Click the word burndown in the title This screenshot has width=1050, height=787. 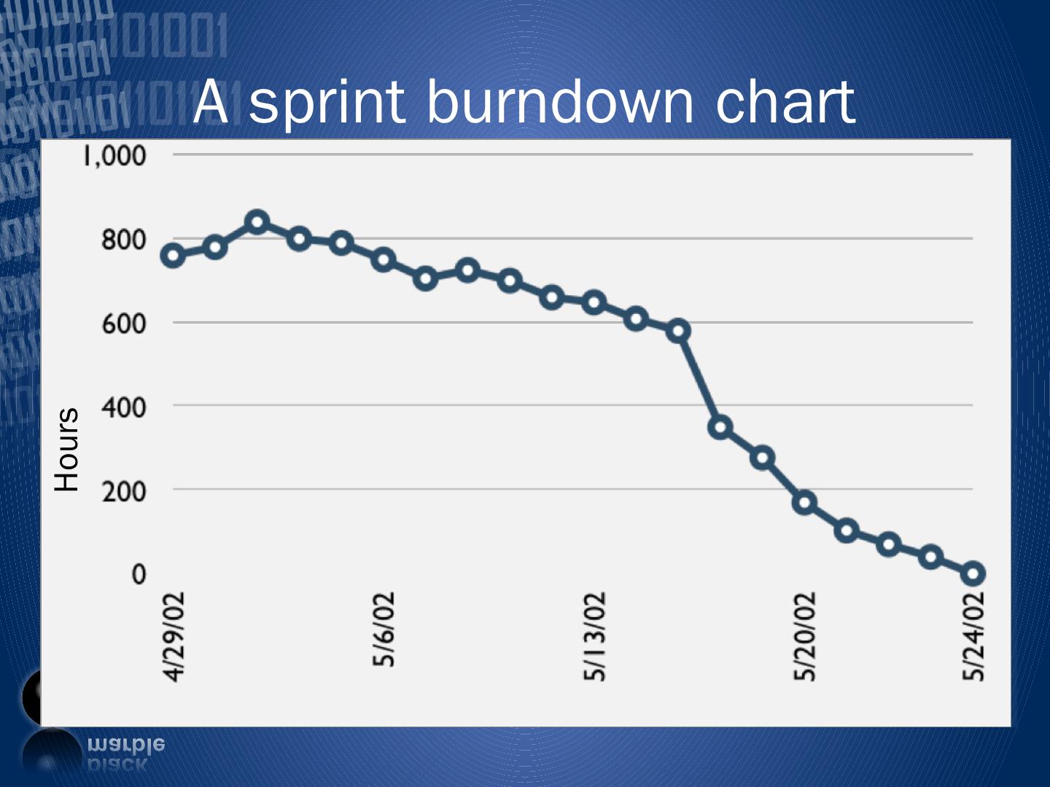(559, 102)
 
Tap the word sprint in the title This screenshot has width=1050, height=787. (327, 103)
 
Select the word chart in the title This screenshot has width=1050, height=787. (785, 102)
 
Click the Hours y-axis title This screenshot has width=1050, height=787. (67, 449)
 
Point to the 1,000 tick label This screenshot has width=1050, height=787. (115, 155)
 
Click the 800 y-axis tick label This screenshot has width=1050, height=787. (123, 239)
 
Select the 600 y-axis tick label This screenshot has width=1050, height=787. (123, 323)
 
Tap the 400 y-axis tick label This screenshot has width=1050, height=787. (123, 407)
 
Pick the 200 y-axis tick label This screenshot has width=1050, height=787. (123, 490)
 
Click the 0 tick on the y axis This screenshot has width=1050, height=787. (139, 574)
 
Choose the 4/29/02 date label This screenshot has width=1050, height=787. (174, 636)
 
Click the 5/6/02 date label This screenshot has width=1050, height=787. (384, 629)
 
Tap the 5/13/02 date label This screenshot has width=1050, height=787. (594, 636)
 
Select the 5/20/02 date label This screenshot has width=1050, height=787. (804, 636)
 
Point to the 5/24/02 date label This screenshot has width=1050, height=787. (973, 636)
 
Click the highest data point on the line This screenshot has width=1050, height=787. (257, 222)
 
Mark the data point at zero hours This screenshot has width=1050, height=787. (973, 573)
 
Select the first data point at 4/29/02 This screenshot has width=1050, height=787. (173, 255)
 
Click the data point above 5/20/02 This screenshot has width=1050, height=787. (804, 502)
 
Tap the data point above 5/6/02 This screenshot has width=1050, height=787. (384, 259)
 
